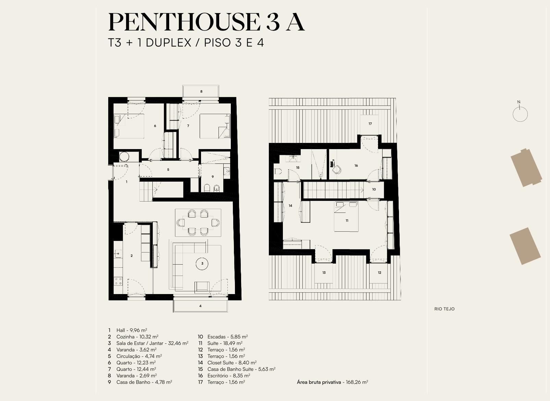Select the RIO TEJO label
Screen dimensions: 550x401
click(445, 309)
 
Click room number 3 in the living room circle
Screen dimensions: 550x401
click(202, 264)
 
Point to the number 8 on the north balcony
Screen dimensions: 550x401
click(201, 92)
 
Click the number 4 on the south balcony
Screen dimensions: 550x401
click(200, 306)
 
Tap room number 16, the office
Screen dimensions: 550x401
click(356, 166)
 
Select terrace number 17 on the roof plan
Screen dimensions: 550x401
click(370, 124)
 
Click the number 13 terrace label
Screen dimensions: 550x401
click(324, 272)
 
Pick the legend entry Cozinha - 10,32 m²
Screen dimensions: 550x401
click(137, 337)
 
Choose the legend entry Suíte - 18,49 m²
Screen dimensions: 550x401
click(225, 343)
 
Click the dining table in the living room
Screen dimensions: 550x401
click(198, 223)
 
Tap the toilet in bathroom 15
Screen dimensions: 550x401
click(278, 171)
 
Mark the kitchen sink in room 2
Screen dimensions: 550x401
click(118, 253)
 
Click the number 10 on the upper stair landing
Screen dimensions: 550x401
click(374, 190)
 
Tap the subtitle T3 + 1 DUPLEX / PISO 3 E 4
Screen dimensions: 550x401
click(186, 43)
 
